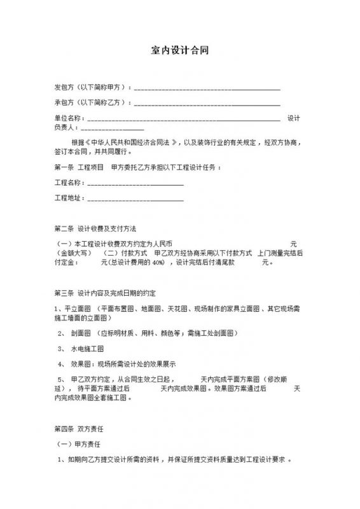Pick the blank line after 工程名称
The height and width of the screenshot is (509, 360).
point(135,184)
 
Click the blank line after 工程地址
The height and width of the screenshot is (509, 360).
point(135,200)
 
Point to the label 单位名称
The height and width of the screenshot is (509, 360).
point(68,118)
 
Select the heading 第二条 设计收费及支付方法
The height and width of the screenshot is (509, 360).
point(100,228)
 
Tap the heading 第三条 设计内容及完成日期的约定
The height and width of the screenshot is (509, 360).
point(110,293)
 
